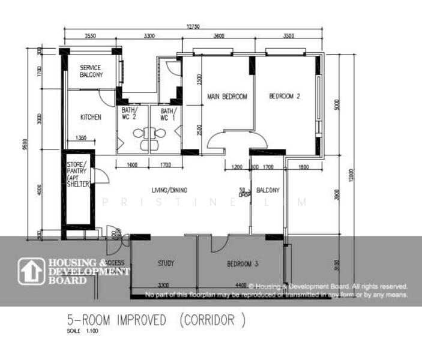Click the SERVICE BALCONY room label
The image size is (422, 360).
point(91,71)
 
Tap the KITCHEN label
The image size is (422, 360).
point(91,117)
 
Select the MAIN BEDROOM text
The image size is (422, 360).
point(227,96)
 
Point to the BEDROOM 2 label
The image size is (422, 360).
point(285,96)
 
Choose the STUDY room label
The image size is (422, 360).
point(166,263)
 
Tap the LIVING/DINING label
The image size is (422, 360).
point(169,190)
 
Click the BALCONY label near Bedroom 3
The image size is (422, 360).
point(268,190)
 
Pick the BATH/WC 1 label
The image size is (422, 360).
point(168,114)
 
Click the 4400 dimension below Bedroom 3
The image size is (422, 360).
point(242,284)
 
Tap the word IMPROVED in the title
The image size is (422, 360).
point(137,320)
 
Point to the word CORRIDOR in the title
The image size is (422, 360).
point(213,320)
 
